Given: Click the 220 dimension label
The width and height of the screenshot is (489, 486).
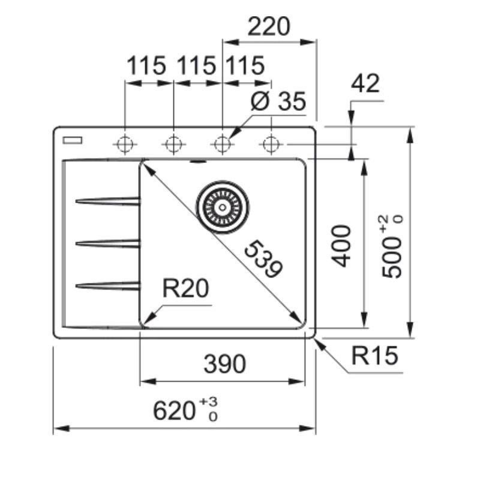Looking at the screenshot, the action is (269, 26).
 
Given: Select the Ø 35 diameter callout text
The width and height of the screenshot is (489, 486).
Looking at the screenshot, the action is (278, 101).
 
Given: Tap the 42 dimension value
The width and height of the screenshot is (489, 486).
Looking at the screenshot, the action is (365, 83).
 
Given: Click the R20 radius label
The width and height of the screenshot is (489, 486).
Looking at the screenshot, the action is (185, 288).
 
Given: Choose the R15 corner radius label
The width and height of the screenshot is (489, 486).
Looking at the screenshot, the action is (374, 355).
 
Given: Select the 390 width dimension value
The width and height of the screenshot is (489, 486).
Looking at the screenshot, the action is (224, 364).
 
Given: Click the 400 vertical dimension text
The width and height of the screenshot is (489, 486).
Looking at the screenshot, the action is (341, 246).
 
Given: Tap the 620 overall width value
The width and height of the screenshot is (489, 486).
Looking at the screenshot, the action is (174, 410).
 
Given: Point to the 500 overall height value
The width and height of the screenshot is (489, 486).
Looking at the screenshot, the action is (391, 257).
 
